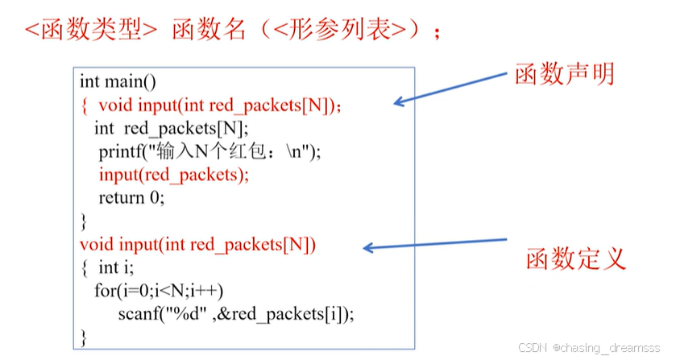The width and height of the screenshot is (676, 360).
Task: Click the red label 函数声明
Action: (x=564, y=74)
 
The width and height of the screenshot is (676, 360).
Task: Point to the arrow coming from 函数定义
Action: (x=435, y=243)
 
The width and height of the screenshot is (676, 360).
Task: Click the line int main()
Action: (x=118, y=81)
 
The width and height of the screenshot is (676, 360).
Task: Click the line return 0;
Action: (x=131, y=197)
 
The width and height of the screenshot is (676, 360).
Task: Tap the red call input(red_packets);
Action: (x=174, y=175)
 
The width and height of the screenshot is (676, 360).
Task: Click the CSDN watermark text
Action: (x=533, y=348)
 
